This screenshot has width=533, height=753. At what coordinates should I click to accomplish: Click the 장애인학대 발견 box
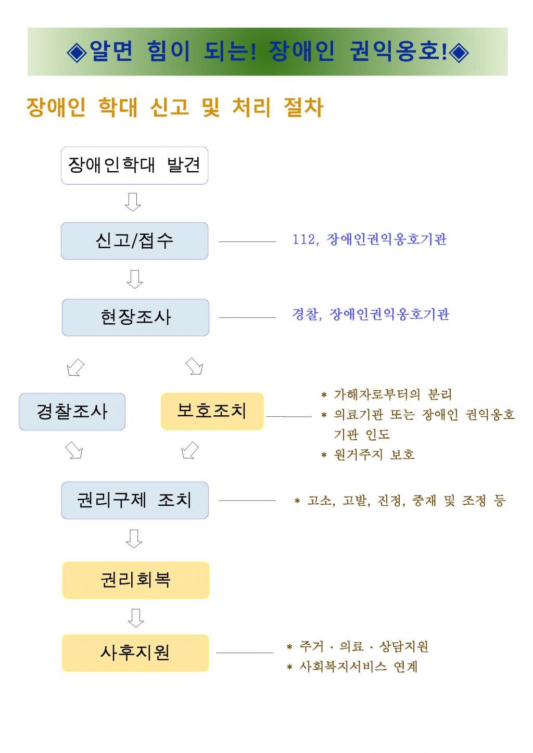(x=134, y=165)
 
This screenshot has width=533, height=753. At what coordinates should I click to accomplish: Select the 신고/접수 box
(x=134, y=241)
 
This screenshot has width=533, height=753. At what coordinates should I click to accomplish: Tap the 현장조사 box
(x=135, y=317)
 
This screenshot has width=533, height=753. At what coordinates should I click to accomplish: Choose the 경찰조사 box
(x=72, y=412)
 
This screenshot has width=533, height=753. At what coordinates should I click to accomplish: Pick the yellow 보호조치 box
(x=212, y=411)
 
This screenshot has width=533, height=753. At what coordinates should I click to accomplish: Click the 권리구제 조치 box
(x=135, y=500)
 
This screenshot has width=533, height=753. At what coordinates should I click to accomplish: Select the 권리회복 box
(x=136, y=580)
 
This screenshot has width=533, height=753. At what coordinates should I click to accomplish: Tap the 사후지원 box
(x=135, y=653)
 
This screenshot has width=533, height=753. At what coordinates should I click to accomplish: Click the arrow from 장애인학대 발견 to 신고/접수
(x=133, y=202)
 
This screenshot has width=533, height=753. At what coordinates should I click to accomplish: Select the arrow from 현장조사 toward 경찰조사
(x=75, y=367)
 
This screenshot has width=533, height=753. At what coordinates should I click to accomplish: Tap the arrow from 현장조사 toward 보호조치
(x=194, y=366)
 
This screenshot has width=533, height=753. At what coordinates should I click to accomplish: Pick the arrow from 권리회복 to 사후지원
(x=136, y=618)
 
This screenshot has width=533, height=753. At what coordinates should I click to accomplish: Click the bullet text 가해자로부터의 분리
(x=393, y=394)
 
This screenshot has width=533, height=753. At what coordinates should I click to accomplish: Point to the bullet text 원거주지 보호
(x=374, y=455)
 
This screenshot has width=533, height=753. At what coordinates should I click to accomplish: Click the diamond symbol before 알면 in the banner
(x=77, y=52)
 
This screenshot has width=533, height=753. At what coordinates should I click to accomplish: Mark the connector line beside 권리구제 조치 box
(x=247, y=501)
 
